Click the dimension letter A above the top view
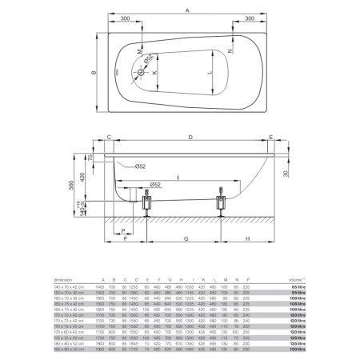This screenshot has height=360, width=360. (187, 11)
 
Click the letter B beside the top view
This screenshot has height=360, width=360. (94, 73)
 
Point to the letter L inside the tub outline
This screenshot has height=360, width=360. (211, 73)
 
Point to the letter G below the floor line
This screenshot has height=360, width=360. (186, 238)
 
